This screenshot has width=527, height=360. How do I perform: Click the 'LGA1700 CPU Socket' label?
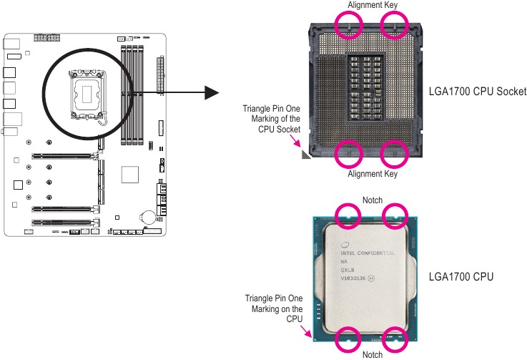477,92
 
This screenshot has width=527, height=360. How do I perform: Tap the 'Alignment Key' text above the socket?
372,5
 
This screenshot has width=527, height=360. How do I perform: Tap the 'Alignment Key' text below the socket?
372,173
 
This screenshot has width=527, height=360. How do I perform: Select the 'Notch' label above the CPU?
372,200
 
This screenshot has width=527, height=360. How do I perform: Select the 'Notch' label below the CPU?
372,354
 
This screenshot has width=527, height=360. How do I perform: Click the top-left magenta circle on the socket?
349,26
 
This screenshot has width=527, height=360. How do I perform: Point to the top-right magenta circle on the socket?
394,26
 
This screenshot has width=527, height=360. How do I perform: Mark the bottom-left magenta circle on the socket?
349,152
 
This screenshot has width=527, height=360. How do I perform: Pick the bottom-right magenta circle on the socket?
394,152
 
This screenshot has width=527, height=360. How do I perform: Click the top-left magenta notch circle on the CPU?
349,215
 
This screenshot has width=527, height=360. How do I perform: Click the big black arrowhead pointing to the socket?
210,92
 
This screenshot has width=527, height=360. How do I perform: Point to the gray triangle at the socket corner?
307,153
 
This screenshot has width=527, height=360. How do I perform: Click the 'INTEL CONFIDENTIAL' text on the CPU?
367,252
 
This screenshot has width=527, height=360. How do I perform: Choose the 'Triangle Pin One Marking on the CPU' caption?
274,308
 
